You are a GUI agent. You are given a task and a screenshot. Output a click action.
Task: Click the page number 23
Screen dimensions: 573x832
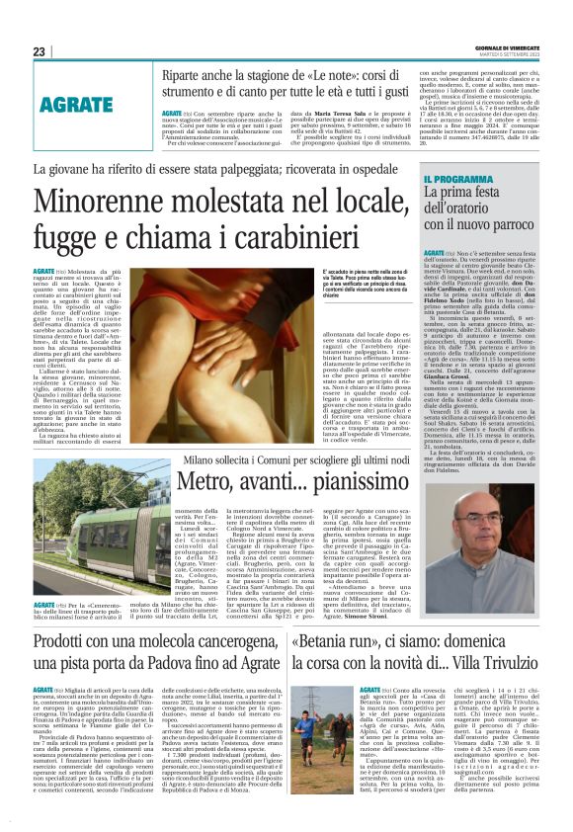40,50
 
